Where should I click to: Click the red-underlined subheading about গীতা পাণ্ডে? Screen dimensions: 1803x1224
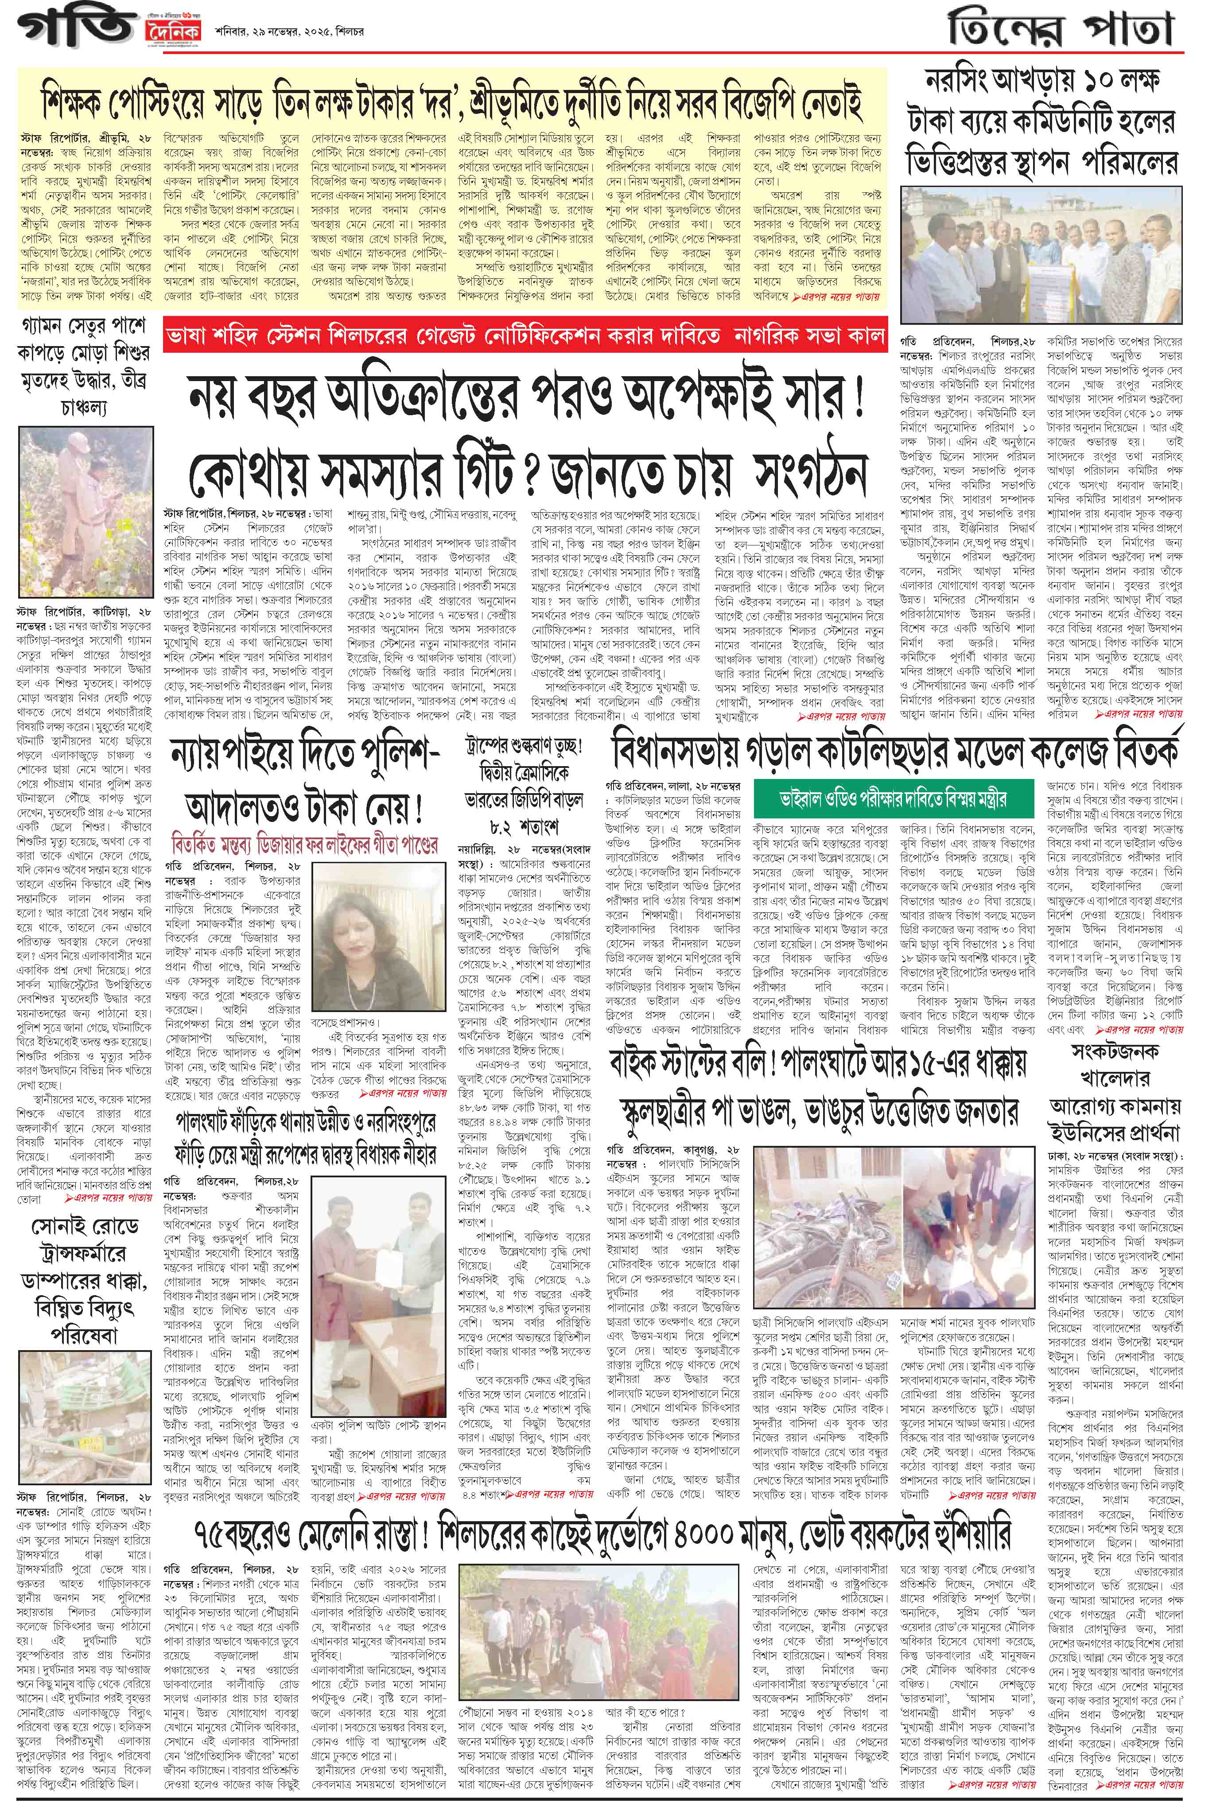[x=306, y=842]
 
